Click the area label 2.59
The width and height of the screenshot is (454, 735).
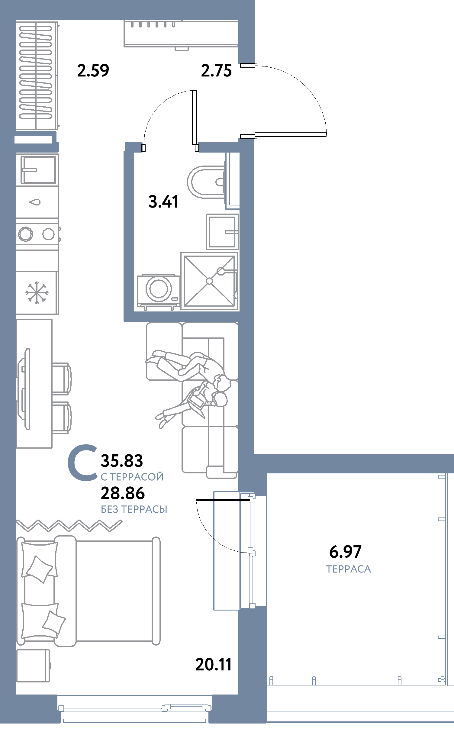(93, 71)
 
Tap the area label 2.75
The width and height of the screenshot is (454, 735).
(216, 71)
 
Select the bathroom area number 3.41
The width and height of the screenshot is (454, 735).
(163, 201)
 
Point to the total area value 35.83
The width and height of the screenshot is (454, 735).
(122, 461)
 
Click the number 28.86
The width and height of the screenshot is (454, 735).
(123, 493)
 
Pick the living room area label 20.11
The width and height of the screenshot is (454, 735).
(213, 665)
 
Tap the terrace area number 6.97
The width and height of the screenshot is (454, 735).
(345, 552)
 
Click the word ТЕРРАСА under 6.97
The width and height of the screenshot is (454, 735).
(348, 569)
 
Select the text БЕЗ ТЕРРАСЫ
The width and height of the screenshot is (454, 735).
(134, 509)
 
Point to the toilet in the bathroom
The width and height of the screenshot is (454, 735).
(206, 182)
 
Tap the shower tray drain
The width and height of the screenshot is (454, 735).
(209, 281)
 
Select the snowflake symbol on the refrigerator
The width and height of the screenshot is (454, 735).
(37, 292)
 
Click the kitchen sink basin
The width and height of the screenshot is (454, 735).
(38, 170)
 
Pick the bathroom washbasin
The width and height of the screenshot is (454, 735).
(223, 232)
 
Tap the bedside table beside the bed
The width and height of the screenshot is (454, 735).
(33, 666)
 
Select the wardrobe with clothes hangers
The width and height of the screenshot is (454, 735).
(37, 76)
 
